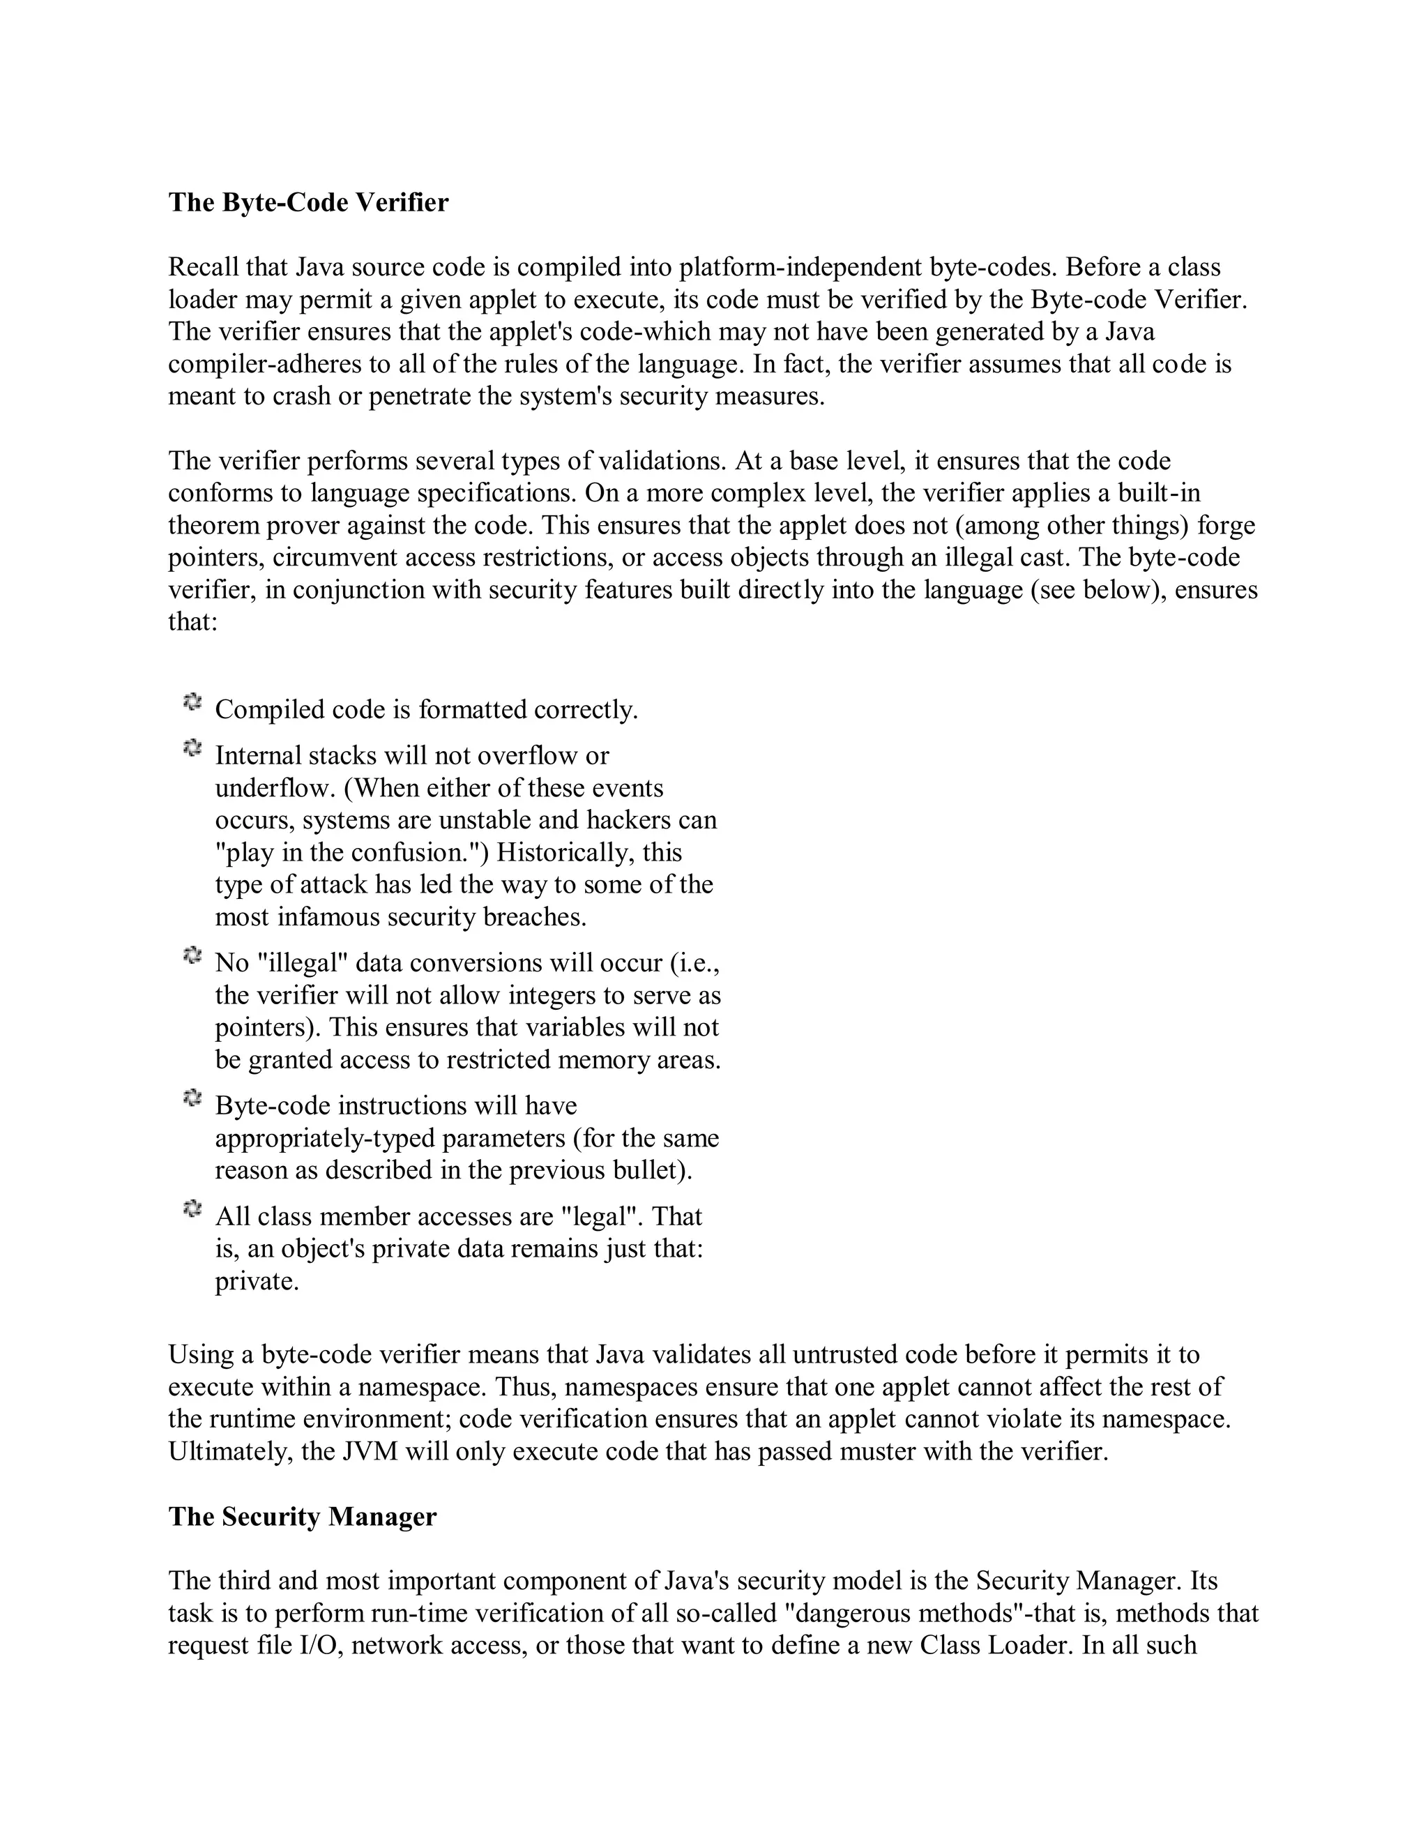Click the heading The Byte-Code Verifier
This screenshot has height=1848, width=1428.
pos(308,203)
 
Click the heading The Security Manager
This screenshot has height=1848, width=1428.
pos(302,1540)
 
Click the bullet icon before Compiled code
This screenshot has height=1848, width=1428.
pos(192,702)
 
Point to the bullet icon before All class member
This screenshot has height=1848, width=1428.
pos(192,1210)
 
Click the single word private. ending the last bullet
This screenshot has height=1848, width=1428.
pos(257,1282)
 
